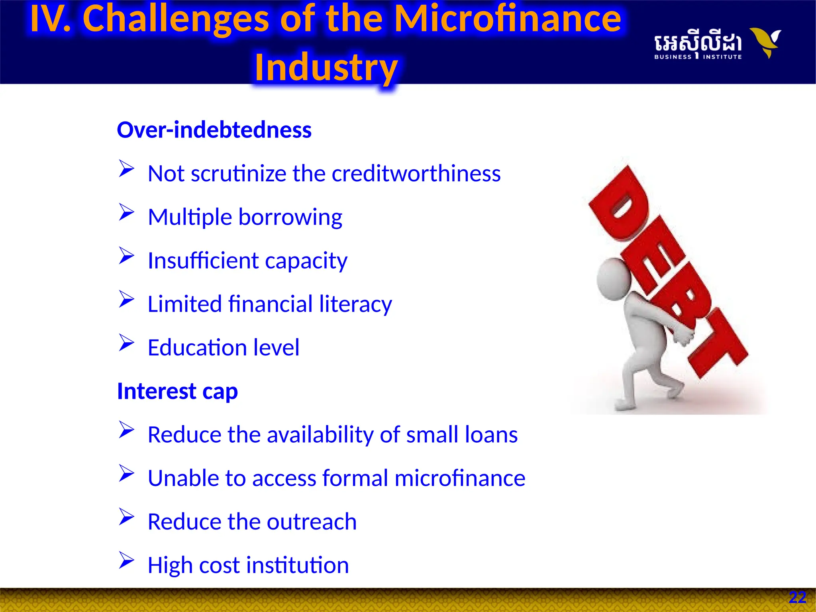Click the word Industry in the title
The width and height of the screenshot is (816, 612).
coord(326,68)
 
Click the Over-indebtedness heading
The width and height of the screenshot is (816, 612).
coord(214,130)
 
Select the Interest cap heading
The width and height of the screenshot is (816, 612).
coord(177,391)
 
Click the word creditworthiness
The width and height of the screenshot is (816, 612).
coord(416,174)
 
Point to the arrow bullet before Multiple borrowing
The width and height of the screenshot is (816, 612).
coord(126,212)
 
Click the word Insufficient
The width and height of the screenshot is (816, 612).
coord(203,261)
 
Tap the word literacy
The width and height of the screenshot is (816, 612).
coord(355,304)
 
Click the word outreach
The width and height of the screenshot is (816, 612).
coord(312,522)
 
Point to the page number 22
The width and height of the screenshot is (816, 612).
coord(797,597)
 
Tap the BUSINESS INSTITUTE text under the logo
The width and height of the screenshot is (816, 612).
coord(698,57)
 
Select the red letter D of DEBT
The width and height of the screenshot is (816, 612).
coord(620,203)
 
